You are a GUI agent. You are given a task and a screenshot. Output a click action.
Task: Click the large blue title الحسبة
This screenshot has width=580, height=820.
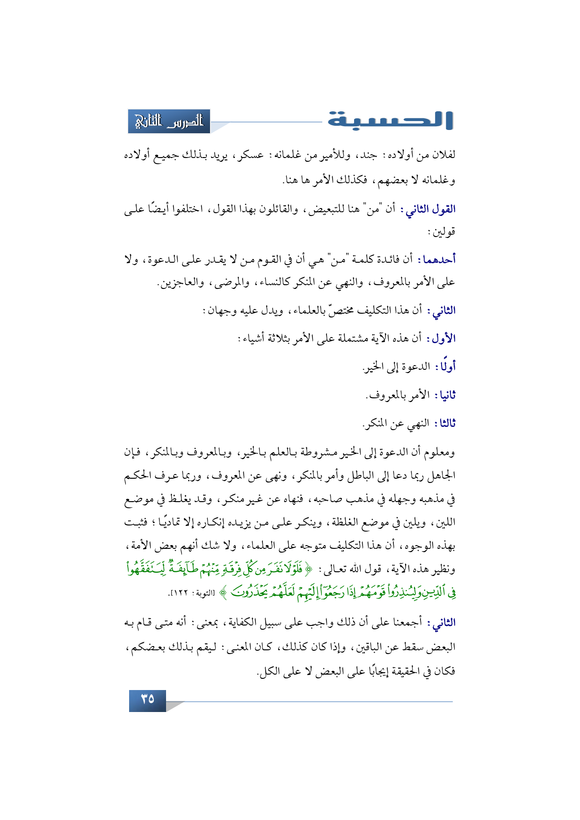[x=390, y=120]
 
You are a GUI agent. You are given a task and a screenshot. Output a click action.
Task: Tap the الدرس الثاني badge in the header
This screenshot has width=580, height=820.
[x=169, y=122]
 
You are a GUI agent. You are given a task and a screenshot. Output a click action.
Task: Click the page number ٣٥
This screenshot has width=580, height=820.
[x=147, y=700]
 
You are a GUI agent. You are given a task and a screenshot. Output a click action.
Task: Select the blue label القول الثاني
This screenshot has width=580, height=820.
[x=431, y=209]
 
